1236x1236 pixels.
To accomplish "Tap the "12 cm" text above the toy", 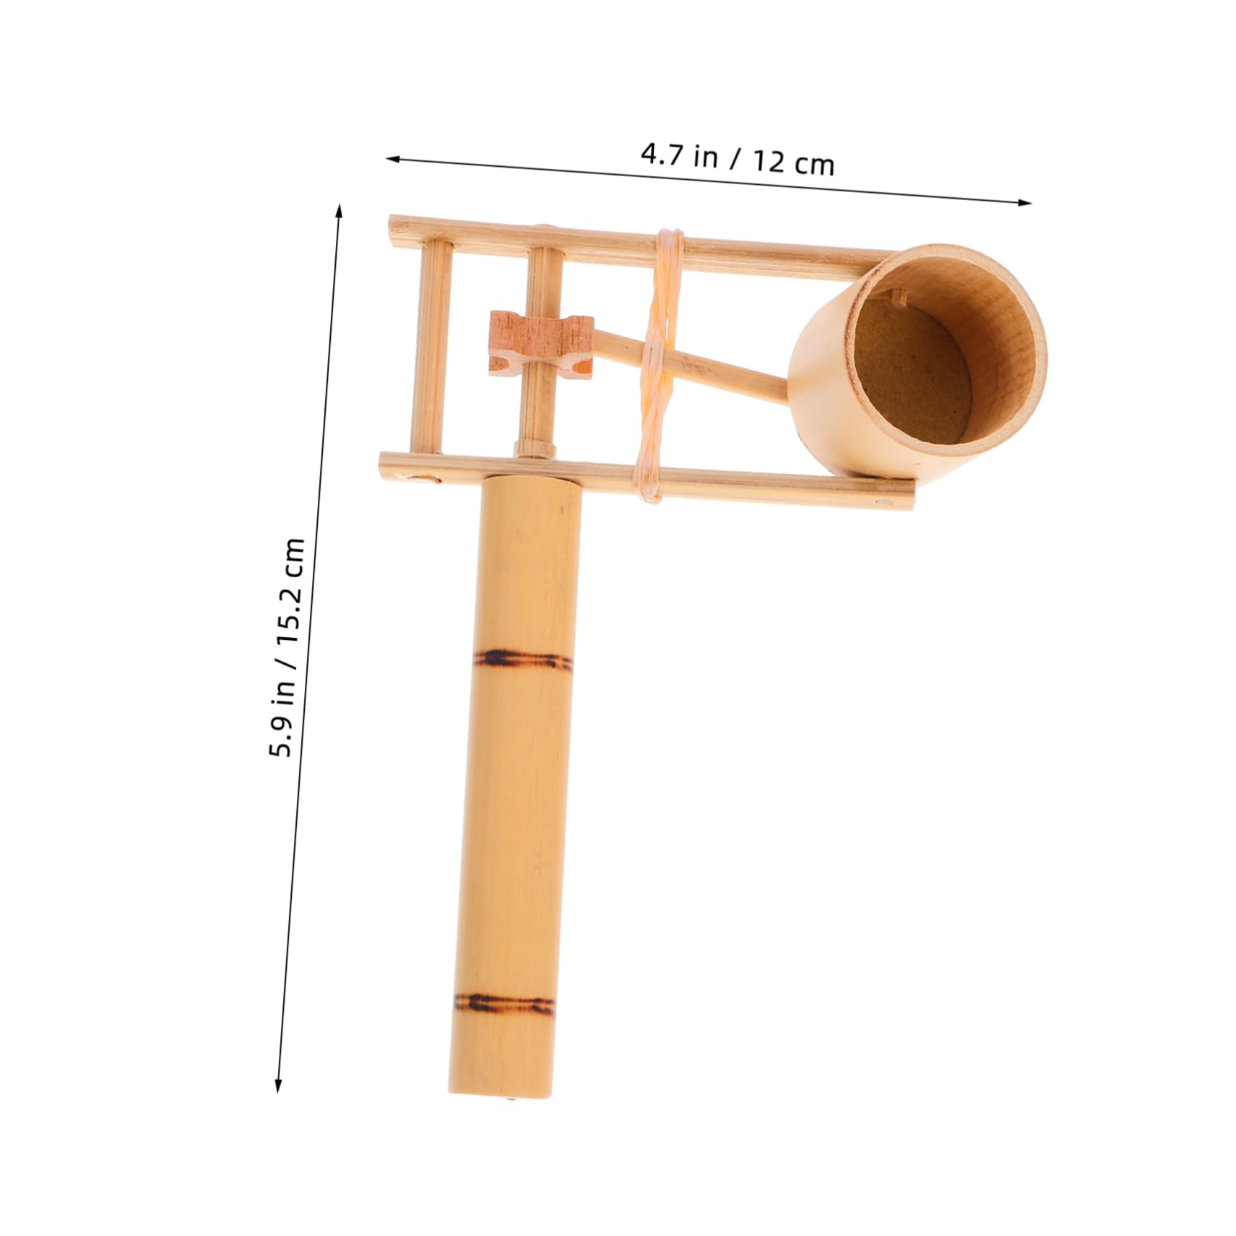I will pos(794,163).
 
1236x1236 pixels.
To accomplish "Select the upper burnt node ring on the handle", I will pos(522,659).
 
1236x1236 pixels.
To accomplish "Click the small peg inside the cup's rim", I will pos(898,295).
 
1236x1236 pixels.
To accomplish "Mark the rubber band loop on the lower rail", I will pos(647,480).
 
